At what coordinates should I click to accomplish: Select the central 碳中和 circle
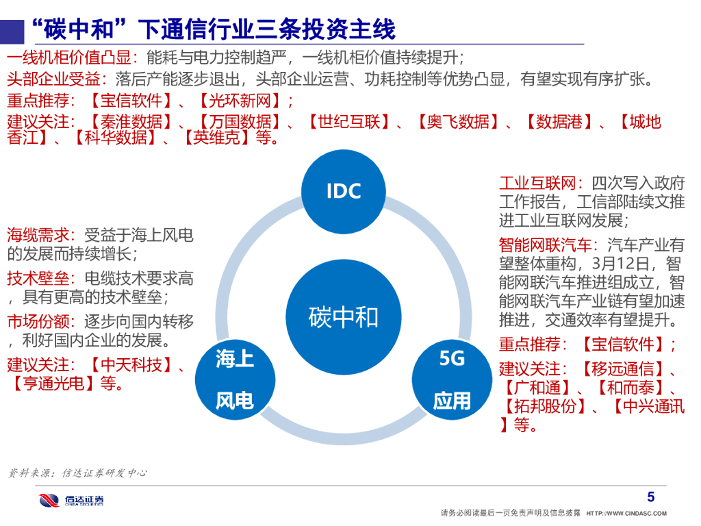tap(343, 317)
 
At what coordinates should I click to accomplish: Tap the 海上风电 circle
tap(235, 379)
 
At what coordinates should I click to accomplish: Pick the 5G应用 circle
tap(452, 379)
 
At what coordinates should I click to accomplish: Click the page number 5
tap(650, 497)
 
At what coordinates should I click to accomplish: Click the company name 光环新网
tap(239, 101)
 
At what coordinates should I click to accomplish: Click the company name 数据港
tap(559, 122)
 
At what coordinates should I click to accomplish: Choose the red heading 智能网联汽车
tap(544, 245)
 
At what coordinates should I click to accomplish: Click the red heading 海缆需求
tap(39, 236)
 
